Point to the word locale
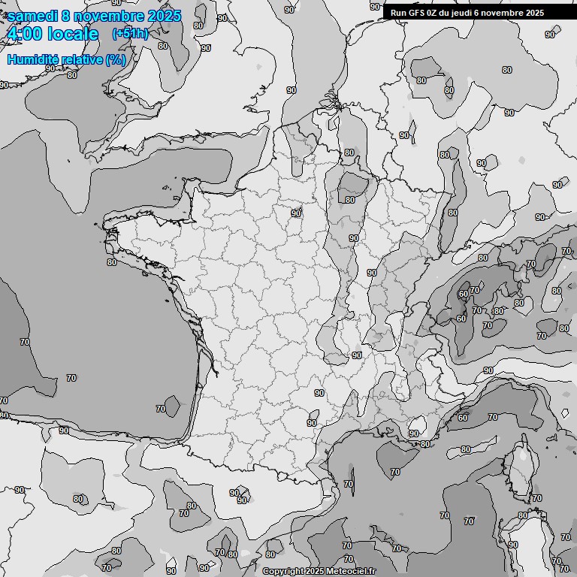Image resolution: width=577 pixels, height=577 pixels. [x=73, y=34]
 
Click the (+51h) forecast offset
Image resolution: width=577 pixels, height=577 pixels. [x=130, y=34]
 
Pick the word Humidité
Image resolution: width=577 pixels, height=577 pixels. [x=32, y=59]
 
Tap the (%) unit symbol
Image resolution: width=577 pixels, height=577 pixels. [x=116, y=59]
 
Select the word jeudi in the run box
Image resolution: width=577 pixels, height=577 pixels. [x=461, y=13]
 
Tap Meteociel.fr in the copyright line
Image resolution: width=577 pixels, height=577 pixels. [x=352, y=571]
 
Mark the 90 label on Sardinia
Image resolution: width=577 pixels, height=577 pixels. [x=513, y=545]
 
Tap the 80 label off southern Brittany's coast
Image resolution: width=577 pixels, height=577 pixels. [x=112, y=262]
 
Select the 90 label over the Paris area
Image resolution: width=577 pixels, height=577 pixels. [x=296, y=213]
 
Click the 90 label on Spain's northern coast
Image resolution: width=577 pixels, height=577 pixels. [x=64, y=430]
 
